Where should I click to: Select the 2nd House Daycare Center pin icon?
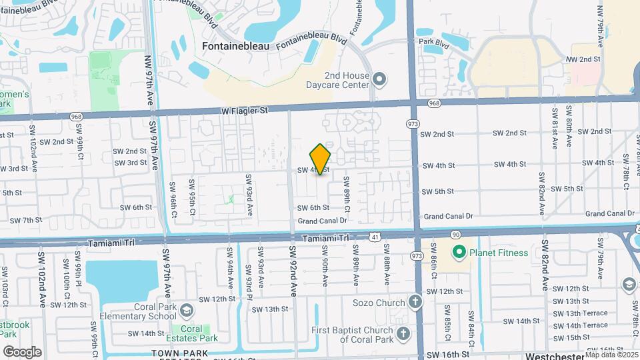[379, 81]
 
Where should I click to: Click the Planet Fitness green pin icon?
[459, 253]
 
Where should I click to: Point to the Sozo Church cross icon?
[415, 303]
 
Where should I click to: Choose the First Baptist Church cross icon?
[403, 333]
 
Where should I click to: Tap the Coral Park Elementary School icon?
[187, 311]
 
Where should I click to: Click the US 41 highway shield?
[376, 237]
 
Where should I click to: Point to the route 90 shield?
[456, 235]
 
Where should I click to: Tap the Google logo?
[22, 351]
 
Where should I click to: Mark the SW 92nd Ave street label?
[292, 268]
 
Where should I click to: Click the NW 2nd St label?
[583, 59]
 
